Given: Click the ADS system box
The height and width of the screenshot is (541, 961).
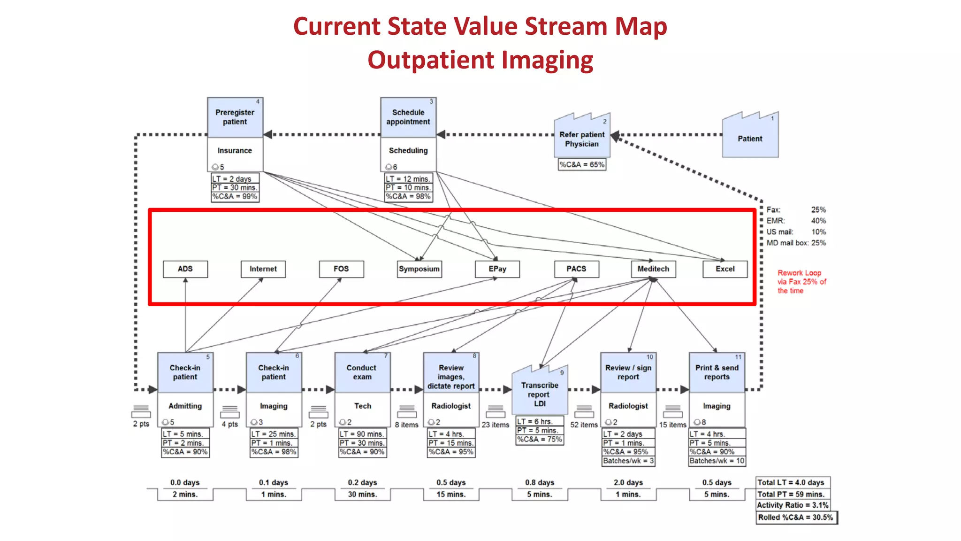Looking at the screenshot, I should click(185, 269).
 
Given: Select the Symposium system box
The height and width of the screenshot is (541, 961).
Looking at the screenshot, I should click(419, 269).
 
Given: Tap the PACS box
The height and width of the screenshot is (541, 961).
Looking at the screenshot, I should click(576, 269).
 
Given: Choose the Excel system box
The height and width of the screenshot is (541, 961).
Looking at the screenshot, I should click(725, 269).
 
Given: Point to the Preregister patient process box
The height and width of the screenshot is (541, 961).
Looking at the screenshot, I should click(235, 117).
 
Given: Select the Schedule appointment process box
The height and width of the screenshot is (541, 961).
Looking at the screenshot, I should click(408, 117).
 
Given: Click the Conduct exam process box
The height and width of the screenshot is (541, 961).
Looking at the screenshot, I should click(362, 372).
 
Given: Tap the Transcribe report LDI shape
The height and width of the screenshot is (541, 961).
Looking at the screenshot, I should click(540, 392).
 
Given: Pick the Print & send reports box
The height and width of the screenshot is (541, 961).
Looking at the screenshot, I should click(717, 372).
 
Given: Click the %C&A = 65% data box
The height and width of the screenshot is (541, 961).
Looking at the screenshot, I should click(582, 165).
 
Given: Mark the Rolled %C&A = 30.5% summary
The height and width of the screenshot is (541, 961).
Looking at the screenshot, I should click(796, 518).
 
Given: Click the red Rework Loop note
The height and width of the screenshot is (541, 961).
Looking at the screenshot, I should click(801, 282).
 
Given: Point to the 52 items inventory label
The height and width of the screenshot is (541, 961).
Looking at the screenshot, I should click(584, 425).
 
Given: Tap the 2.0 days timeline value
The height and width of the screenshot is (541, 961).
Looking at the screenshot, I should click(628, 482).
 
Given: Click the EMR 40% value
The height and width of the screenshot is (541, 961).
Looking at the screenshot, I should click(818, 221).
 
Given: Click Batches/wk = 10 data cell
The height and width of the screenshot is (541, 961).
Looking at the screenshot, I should click(717, 461).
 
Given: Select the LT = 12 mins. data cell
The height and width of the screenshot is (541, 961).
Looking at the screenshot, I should click(408, 179).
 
